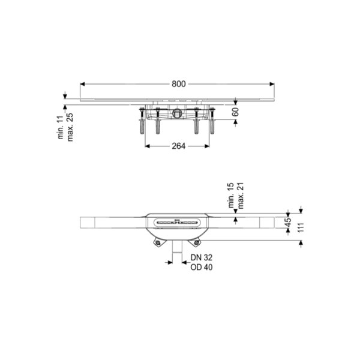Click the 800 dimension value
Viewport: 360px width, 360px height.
[179, 84]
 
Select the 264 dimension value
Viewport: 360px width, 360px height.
[179, 146]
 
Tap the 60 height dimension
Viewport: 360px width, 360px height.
[236, 112]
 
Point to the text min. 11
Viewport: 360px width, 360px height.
[61, 127]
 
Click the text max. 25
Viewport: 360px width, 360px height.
[70, 127]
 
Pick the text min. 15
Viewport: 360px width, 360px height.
[231, 196]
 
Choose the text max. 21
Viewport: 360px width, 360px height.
[241, 196]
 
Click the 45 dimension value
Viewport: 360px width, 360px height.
[288, 222]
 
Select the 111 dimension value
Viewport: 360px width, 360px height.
[301, 227]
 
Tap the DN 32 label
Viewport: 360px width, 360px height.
[202, 257]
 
